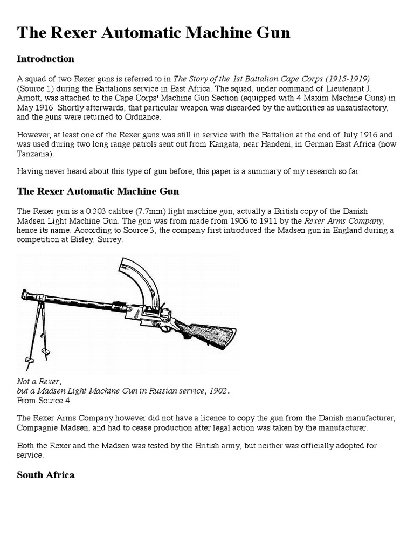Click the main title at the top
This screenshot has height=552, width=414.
click(x=154, y=33)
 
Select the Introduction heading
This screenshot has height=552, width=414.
click(x=45, y=59)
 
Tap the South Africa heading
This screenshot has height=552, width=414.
click(x=46, y=475)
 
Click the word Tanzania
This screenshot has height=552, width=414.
click(x=34, y=154)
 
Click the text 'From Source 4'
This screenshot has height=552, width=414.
click(x=44, y=400)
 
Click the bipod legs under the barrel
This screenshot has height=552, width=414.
click(x=35, y=337)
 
